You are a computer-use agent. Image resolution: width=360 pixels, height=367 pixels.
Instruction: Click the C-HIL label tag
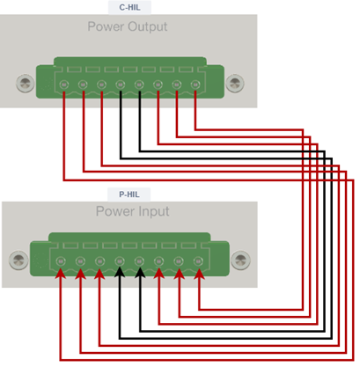pyautogui.click(x=129, y=7)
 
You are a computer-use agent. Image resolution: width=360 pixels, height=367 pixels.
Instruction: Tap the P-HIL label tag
pyautogui.click(x=129, y=195)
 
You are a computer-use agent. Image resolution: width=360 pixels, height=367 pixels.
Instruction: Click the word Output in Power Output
pyautogui.click(x=148, y=26)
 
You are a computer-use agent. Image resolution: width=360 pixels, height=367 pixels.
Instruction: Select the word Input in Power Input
pyautogui.click(x=154, y=212)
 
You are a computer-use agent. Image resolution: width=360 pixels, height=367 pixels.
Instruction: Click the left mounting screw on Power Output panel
pyautogui.click(x=26, y=84)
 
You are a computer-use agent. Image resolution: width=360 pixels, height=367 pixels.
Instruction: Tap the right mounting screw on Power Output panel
pyautogui.click(x=235, y=84)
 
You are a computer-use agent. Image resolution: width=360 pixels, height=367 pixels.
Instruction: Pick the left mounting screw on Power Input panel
pyautogui.click(x=18, y=260)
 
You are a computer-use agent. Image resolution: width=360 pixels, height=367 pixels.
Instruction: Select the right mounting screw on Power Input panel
pyautogui.click(x=240, y=260)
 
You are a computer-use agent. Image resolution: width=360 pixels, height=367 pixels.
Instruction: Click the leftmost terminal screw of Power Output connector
pyautogui.click(x=64, y=84)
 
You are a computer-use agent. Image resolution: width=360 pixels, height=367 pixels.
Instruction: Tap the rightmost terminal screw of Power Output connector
pyautogui.click(x=195, y=84)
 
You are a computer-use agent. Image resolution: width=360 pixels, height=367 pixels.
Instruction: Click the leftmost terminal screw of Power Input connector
pyautogui.click(x=61, y=261)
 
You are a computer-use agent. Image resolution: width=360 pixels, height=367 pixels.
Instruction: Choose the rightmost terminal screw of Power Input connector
pyautogui.click(x=198, y=261)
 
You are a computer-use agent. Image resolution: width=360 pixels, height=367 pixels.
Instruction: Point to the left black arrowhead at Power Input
pyautogui.click(x=120, y=272)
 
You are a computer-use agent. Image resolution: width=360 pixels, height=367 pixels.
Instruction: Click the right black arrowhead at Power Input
pyautogui.click(x=140, y=272)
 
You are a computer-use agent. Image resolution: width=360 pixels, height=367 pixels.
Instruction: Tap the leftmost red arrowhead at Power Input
pyautogui.click(x=61, y=273)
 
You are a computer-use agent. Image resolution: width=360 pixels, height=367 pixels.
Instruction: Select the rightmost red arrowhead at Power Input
pyautogui.click(x=199, y=273)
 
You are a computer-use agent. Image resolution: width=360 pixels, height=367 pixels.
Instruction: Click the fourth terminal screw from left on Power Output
pyautogui.click(x=120, y=84)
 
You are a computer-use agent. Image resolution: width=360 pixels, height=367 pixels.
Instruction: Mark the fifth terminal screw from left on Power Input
pyautogui.click(x=139, y=261)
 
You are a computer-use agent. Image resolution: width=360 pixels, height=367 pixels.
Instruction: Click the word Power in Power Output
pyautogui.click(x=107, y=26)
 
